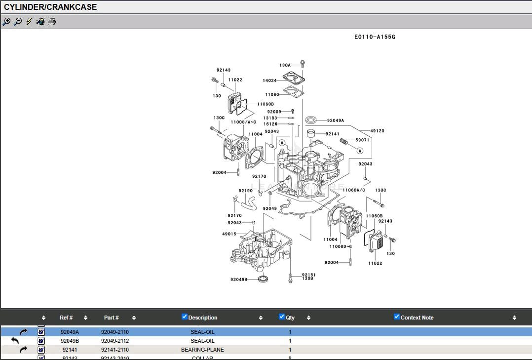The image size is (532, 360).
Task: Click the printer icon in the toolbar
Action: tap(52, 22)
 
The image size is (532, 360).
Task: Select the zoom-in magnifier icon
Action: tap(6, 22)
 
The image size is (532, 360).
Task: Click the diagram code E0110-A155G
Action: tap(375, 37)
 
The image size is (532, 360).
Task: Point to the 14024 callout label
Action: tap(269, 80)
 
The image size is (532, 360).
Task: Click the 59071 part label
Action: tap(362, 140)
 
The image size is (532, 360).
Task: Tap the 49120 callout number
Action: tap(377, 131)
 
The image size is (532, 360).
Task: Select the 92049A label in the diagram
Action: tap(336, 120)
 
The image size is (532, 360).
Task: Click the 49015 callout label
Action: tap(229, 234)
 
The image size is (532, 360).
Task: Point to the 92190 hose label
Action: tap(245, 191)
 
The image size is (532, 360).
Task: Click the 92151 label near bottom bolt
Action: tap(309, 275)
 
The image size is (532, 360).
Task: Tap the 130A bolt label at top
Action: tap(285, 65)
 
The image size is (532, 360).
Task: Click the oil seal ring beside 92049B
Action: tap(264, 280)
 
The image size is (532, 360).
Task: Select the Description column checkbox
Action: tap(185, 317)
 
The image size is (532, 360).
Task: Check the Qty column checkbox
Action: tap(282, 317)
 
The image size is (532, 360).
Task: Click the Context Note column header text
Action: tap(417, 318)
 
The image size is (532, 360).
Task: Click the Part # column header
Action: tap(111, 318)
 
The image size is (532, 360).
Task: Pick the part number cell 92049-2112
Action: tap(114, 341)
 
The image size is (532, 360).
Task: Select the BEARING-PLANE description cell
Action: tap(202, 350)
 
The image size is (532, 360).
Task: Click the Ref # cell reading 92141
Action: tap(70, 350)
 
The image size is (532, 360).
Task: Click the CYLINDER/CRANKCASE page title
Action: tap(50, 7)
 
